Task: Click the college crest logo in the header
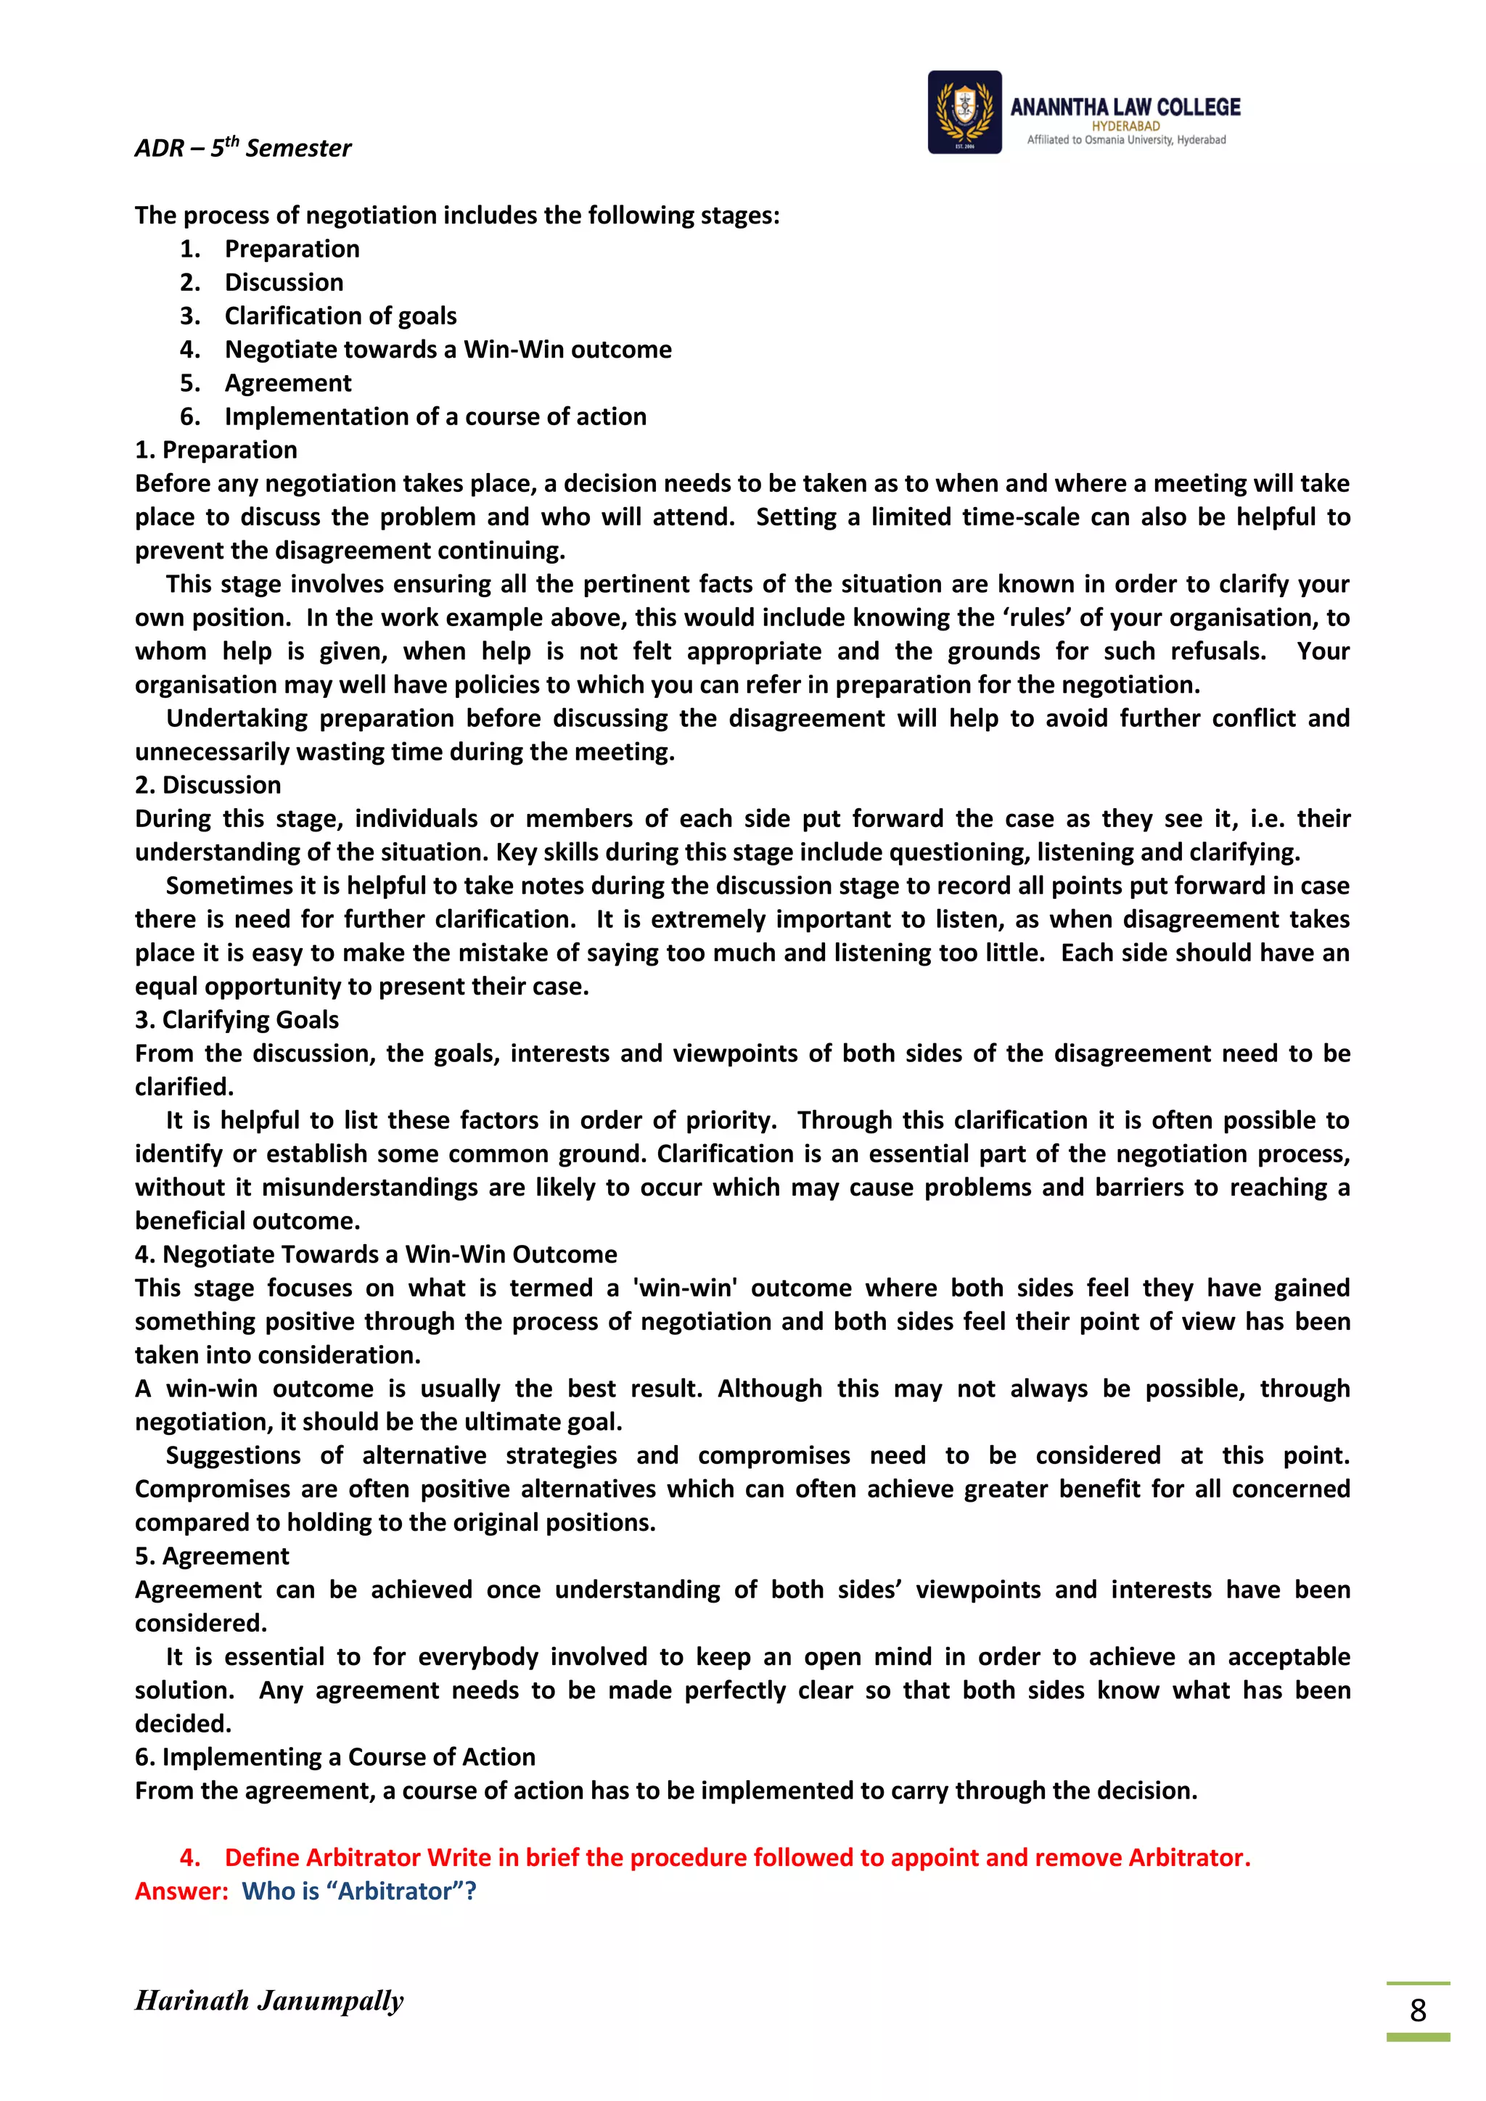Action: [964, 112]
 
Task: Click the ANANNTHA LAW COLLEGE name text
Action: [1125, 107]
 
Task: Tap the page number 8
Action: [1417, 2010]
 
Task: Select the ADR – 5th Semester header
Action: [242, 147]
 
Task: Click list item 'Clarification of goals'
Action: [340, 316]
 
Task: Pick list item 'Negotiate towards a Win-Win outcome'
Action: [448, 350]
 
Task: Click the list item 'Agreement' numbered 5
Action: [287, 382]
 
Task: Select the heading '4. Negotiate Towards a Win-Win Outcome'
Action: [375, 1254]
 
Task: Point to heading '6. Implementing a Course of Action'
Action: [335, 1757]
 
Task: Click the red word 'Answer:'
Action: [181, 1891]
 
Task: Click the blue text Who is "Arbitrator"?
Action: [358, 1891]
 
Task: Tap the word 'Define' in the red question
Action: [262, 1857]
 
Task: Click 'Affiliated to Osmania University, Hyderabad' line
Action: [1125, 140]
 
